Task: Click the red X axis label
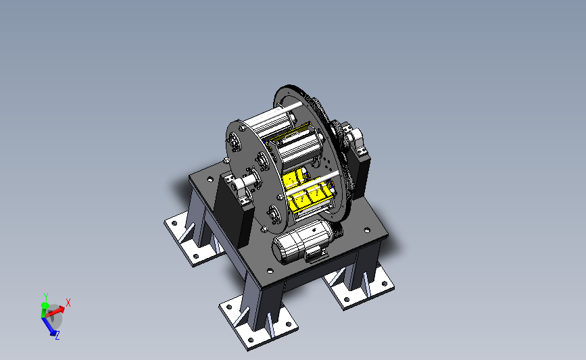pos(68,303)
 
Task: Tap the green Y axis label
pos(46,297)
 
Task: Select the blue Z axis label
pos(57,336)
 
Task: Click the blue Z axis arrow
pos(50,326)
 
